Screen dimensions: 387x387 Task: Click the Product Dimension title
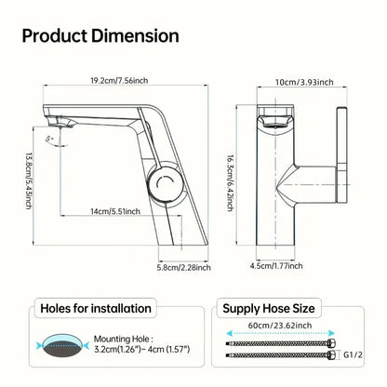100,35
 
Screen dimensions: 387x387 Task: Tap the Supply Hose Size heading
290,308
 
